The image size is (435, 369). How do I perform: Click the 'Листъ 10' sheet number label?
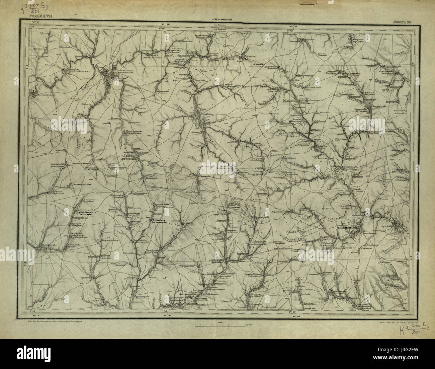click(x=404, y=22)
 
